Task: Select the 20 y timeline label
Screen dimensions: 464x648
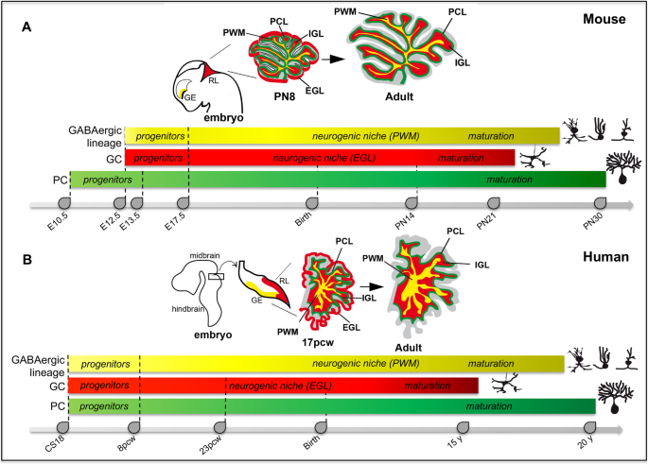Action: click(x=588, y=444)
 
